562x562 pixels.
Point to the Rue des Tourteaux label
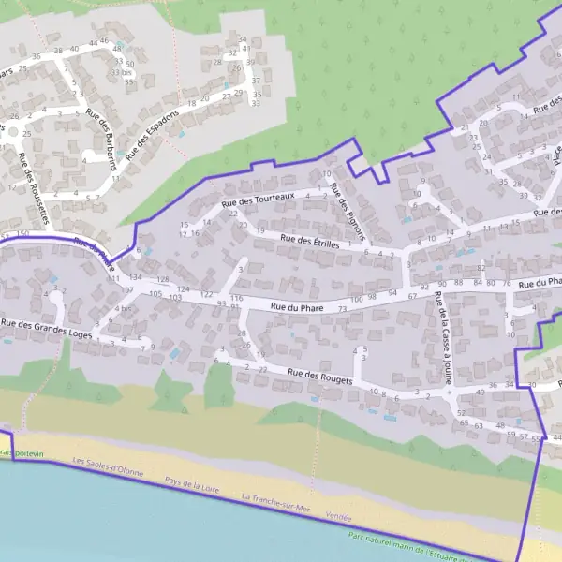258,199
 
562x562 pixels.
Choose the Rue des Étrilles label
312,242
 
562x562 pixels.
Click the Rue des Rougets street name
319,377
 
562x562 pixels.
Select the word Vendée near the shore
338,516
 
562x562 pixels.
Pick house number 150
22,233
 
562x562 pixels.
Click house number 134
136,278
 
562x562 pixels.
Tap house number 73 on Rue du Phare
343,309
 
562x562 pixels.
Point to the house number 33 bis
120,72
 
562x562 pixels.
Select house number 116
236,298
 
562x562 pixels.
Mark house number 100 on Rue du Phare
356,297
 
